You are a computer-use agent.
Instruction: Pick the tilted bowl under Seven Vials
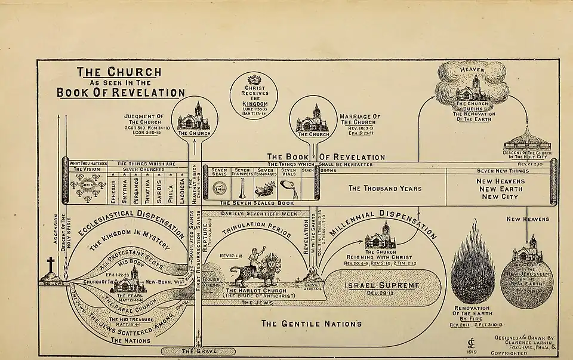coord(288,189)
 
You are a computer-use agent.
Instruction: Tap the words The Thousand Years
coord(385,188)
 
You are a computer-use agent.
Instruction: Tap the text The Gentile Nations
coord(312,324)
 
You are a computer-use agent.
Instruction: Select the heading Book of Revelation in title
coord(121,93)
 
